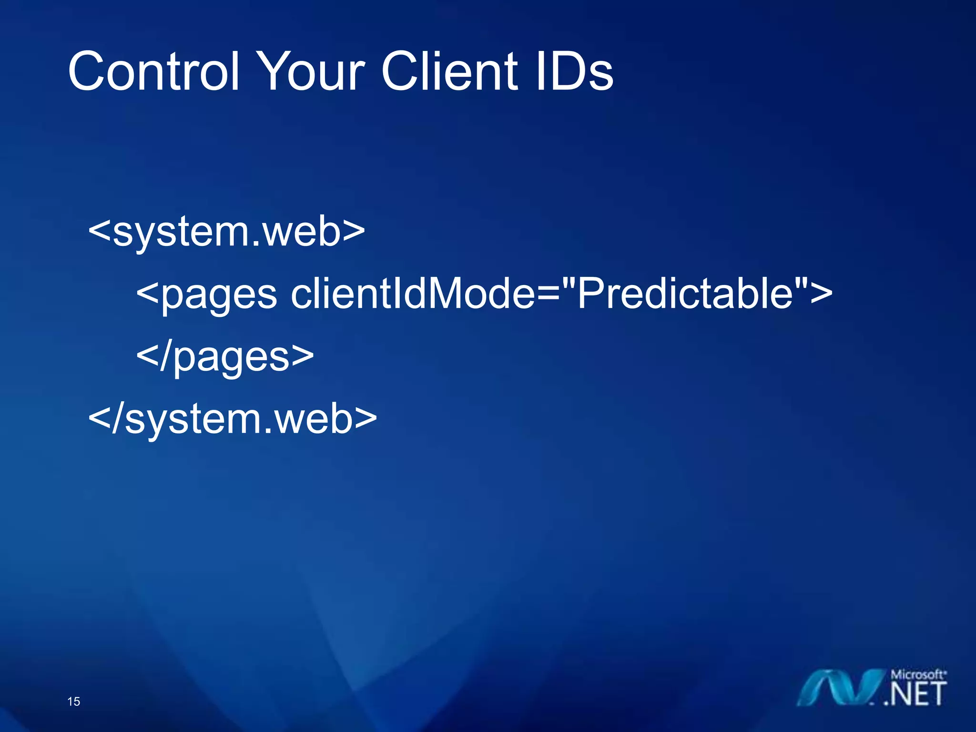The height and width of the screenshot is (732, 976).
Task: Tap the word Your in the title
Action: pyautogui.click(x=313, y=71)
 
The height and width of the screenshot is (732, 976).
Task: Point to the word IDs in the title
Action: pyautogui.click(x=574, y=71)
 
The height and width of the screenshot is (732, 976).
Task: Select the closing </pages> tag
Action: pyautogui.click(x=225, y=356)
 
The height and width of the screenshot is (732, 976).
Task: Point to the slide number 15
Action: pyautogui.click(x=74, y=701)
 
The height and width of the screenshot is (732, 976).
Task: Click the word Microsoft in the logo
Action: pyautogui.click(x=917, y=675)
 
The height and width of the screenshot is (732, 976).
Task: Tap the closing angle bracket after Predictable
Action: pyautogui.click(x=821, y=294)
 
